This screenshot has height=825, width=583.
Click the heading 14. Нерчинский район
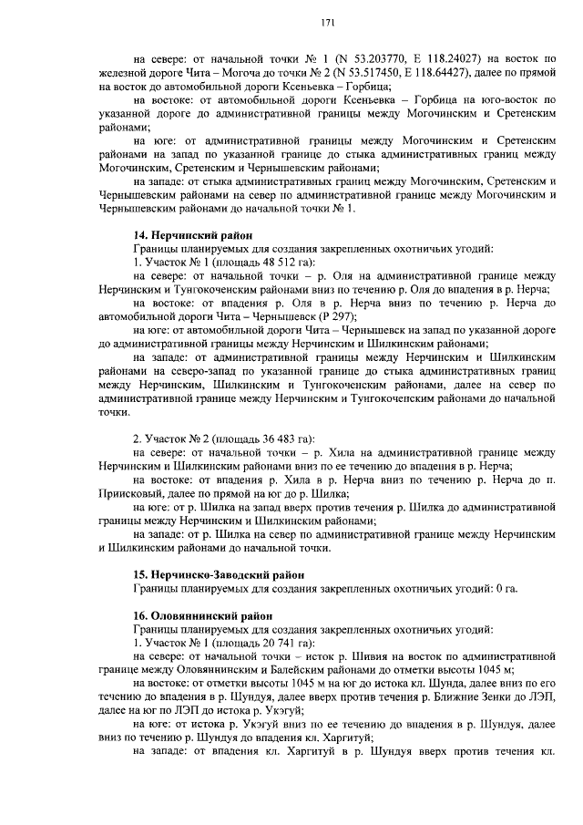click(x=191, y=234)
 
